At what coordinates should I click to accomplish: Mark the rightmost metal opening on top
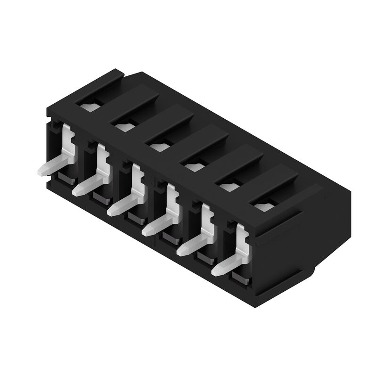coord(264,206)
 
